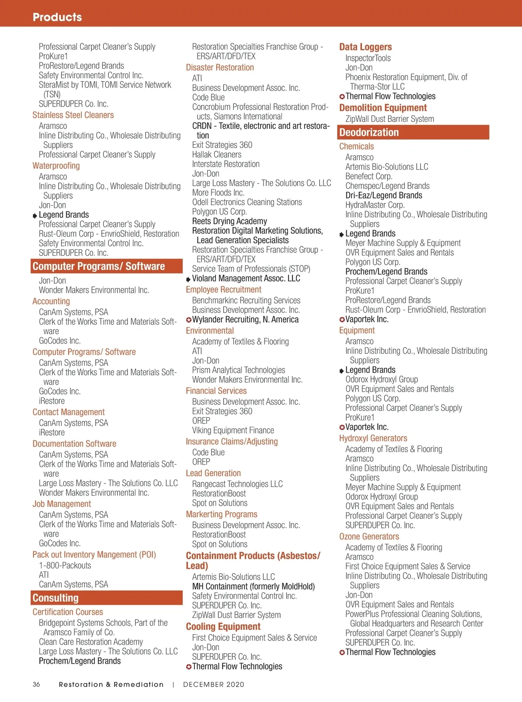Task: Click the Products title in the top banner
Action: click(57, 17)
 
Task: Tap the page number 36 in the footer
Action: click(36, 684)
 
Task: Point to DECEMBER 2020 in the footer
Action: click(214, 684)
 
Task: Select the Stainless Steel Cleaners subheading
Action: click(73, 115)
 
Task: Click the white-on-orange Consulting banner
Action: click(107, 598)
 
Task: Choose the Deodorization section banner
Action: click(414, 132)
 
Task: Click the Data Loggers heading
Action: click(365, 47)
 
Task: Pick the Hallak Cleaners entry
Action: click(217, 155)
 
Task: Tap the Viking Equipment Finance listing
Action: click(233, 430)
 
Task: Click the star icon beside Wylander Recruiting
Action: click(189, 320)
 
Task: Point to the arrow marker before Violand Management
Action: click(188, 279)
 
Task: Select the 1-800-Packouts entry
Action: click(65, 565)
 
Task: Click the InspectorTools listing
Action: click(368, 58)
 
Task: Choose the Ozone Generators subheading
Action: click(369, 537)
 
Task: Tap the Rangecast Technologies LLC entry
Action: click(238, 484)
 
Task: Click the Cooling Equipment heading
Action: click(223, 627)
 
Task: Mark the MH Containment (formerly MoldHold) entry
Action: click(254, 586)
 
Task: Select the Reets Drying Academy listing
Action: click(230, 221)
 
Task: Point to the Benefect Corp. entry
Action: click(369, 176)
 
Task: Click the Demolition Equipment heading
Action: click(383, 108)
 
